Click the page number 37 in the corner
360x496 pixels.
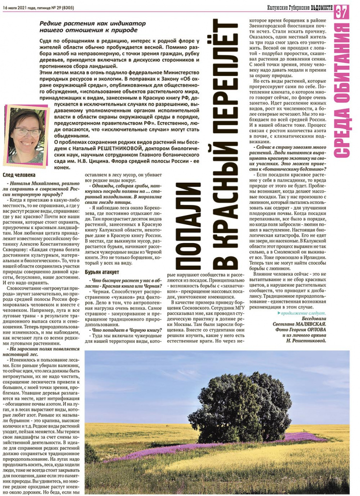pyautogui.click(x=342, y=11)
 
